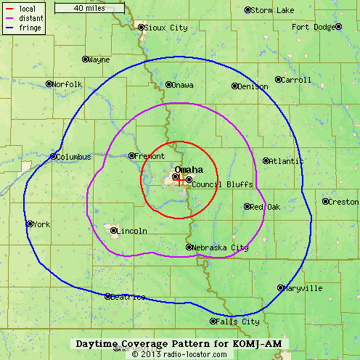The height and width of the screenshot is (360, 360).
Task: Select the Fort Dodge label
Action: click(x=313, y=27)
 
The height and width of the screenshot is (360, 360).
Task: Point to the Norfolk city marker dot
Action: click(x=49, y=84)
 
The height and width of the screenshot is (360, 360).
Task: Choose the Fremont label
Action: click(x=151, y=156)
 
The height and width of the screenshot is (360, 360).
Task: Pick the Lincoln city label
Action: click(x=132, y=232)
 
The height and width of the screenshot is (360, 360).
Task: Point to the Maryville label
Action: click(x=304, y=288)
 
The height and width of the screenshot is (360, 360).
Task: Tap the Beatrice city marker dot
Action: click(x=108, y=296)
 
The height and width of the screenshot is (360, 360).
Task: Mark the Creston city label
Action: click(x=343, y=202)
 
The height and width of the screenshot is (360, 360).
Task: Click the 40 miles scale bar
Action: click(x=89, y=8)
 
